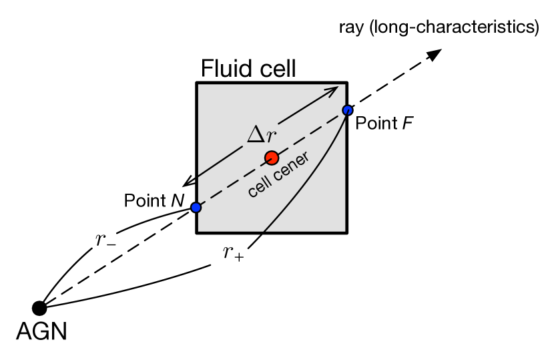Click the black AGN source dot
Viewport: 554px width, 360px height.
click(x=39, y=308)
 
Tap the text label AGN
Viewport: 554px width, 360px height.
click(x=41, y=331)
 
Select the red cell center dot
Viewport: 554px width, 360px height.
click(x=271, y=158)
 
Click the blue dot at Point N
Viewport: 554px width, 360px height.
click(x=196, y=208)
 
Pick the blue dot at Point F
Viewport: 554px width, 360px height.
click(x=347, y=110)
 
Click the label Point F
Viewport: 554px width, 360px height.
click(x=384, y=124)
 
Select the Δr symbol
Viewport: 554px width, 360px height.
click(x=261, y=136)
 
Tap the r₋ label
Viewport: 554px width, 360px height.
click(x=105, y=240)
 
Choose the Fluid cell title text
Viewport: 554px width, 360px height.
click(x=248, y=69)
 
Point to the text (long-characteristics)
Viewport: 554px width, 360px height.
click(x=454, y=27)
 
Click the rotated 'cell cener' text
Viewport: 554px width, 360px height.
click(x=278, y=176)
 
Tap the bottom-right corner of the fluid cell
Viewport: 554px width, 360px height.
click(x=346, y=232)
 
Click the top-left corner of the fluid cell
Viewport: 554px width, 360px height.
click(x=196, y=83)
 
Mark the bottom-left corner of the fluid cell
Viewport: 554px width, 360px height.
click(x=196, y=232)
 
